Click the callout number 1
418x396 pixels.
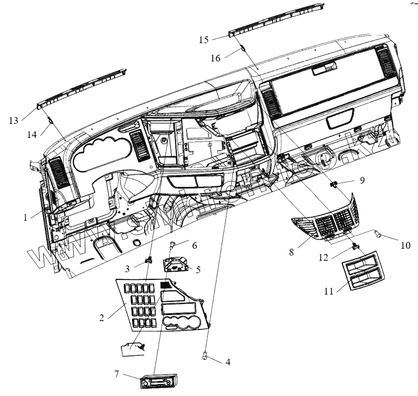[25, 217]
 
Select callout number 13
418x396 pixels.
[14, 120]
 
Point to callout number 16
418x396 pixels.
[216, 59]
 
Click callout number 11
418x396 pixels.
[328, 291]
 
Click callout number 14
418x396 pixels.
[32, 134]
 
